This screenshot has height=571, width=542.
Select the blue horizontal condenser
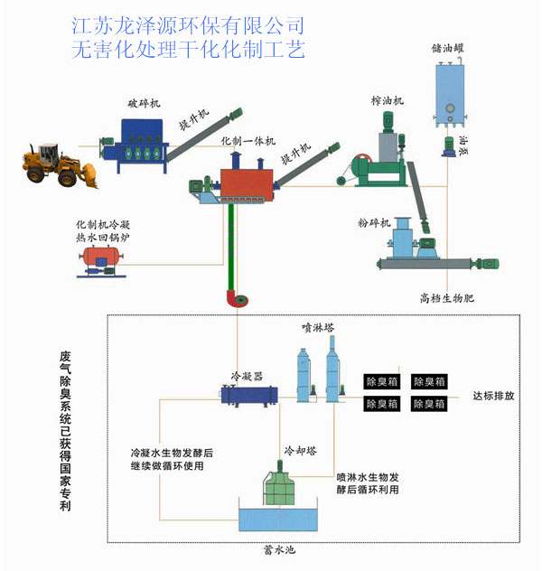248,394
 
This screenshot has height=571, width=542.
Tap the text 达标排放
494,396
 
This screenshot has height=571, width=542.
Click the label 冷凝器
247,375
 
